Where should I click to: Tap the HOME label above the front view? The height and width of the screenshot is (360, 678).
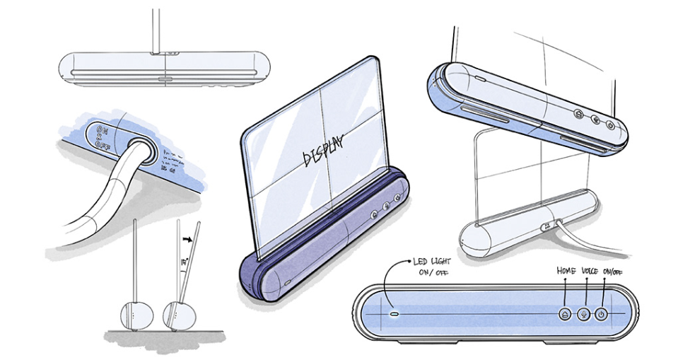(x=566, y=270)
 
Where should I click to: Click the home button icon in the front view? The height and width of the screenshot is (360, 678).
(x=566, y=314)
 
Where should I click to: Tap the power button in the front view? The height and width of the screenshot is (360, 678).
(x=601, y=314)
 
